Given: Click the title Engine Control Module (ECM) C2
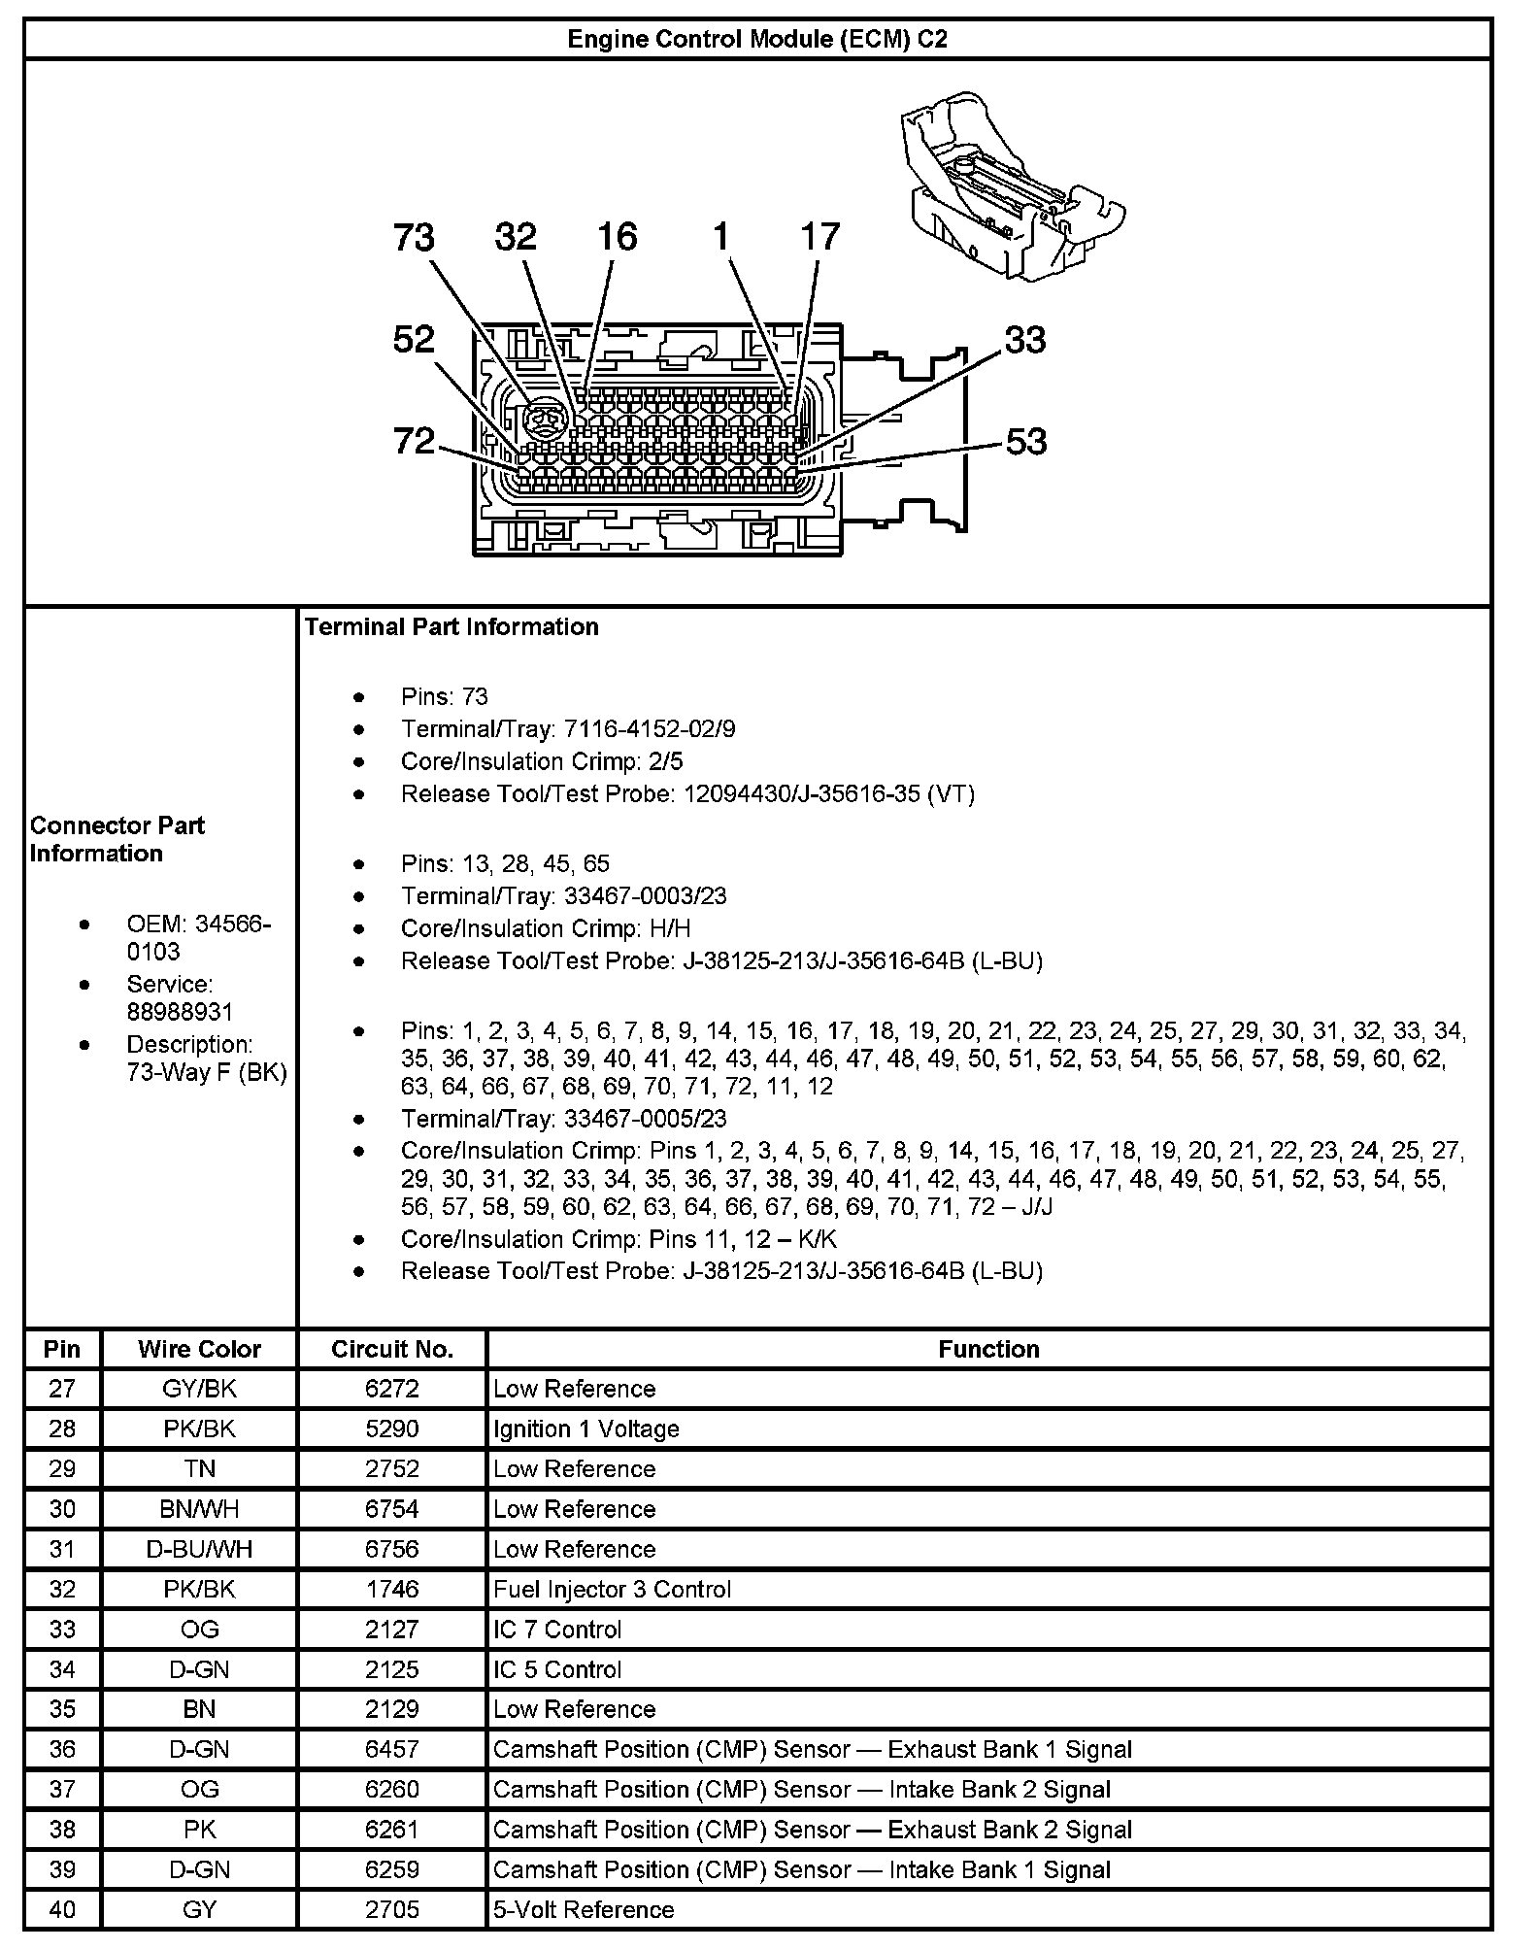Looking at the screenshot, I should [756, 39].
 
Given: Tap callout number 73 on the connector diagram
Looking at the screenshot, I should [414, 238].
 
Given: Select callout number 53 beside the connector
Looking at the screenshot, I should [1025, 442].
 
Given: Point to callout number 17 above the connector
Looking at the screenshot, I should [819, 237].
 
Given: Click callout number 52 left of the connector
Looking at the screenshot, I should [414, 340].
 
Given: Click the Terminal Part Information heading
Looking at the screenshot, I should [451, 627].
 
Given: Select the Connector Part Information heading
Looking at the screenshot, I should [117, 840].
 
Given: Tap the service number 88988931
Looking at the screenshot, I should [180, 1012].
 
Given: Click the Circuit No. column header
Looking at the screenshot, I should [392, 1349].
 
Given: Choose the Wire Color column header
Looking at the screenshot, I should [199, 1349].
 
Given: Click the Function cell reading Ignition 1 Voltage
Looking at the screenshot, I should [586, 1429].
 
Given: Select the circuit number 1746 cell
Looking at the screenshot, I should [392, 1589].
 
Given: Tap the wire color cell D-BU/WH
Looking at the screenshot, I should [199, 1549].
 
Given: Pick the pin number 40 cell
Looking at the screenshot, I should [62, 1909].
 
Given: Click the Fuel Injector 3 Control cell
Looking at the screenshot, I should [612, 1589].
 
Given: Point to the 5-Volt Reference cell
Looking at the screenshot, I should [584, 1909].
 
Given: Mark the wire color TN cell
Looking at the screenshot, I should [199, 1468].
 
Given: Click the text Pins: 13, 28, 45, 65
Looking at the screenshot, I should [505, 864].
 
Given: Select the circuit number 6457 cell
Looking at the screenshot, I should [392, 1749].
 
